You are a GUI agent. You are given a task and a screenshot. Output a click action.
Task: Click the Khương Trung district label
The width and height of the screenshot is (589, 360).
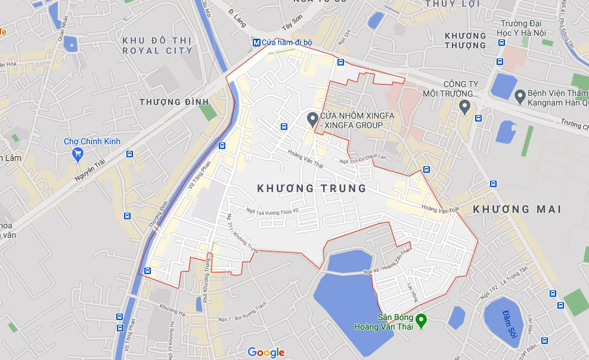(311, 188)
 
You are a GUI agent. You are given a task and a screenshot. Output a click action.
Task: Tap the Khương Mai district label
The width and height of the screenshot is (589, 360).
(517, 209)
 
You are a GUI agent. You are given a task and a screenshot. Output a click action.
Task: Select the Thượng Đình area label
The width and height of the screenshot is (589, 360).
(169, 102)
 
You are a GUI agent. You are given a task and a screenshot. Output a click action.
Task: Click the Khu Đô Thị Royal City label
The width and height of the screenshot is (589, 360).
(157, 45)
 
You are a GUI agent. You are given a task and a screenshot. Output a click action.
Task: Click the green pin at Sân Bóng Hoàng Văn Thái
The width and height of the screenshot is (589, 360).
(421, 321)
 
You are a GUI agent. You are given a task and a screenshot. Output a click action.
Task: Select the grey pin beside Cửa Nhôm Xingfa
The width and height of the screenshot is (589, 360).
(311, 119)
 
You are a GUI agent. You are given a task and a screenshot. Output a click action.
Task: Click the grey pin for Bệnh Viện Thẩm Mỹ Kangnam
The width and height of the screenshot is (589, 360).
(520, 95)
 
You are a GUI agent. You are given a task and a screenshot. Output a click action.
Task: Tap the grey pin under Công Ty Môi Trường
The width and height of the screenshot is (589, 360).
(465, 107)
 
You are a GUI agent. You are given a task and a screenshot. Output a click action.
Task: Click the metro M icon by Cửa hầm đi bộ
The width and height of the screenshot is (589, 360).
(256, 42)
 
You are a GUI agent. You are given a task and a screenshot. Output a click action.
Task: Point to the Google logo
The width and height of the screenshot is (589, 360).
(266, 352)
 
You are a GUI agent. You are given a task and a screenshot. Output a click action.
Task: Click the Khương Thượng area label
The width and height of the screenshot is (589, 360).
(465, 40)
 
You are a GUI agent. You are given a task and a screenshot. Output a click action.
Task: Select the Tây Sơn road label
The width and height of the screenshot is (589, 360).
(293, 26)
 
